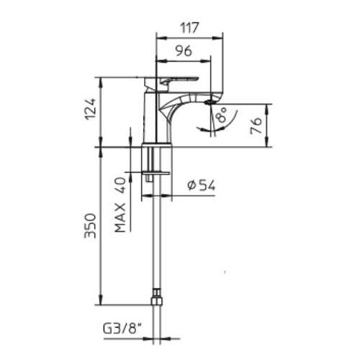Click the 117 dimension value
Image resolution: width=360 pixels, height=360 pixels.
click(190, 27)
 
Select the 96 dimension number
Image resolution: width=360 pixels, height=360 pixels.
click(183, 51)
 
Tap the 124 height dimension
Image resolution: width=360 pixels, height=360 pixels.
click(91, 109)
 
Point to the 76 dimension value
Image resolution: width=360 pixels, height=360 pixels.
click(256, 126)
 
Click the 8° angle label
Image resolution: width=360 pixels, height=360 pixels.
click(221, 115)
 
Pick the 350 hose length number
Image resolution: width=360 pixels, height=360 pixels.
click(90, 225)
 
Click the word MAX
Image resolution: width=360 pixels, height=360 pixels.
click(121, 218)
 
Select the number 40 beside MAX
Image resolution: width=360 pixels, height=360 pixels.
click(121, 185)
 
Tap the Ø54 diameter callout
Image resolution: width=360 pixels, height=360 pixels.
click(201, 185)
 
